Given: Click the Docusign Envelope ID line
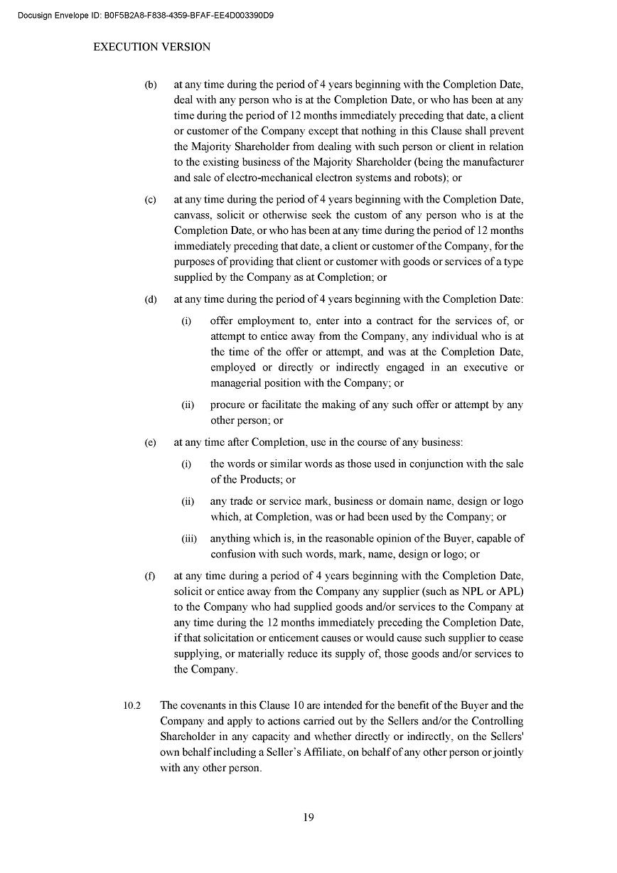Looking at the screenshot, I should pos(146,14).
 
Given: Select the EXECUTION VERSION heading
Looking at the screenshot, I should pos(152,47).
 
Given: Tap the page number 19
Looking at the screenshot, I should pos(308,817).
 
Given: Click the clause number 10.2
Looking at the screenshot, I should pos(132,706).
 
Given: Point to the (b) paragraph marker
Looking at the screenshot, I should pos(151,85).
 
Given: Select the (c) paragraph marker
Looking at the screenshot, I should pos(151,200).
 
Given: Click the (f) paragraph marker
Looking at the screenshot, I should pos(150,576).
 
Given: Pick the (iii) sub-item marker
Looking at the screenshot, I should pos(189,539).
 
